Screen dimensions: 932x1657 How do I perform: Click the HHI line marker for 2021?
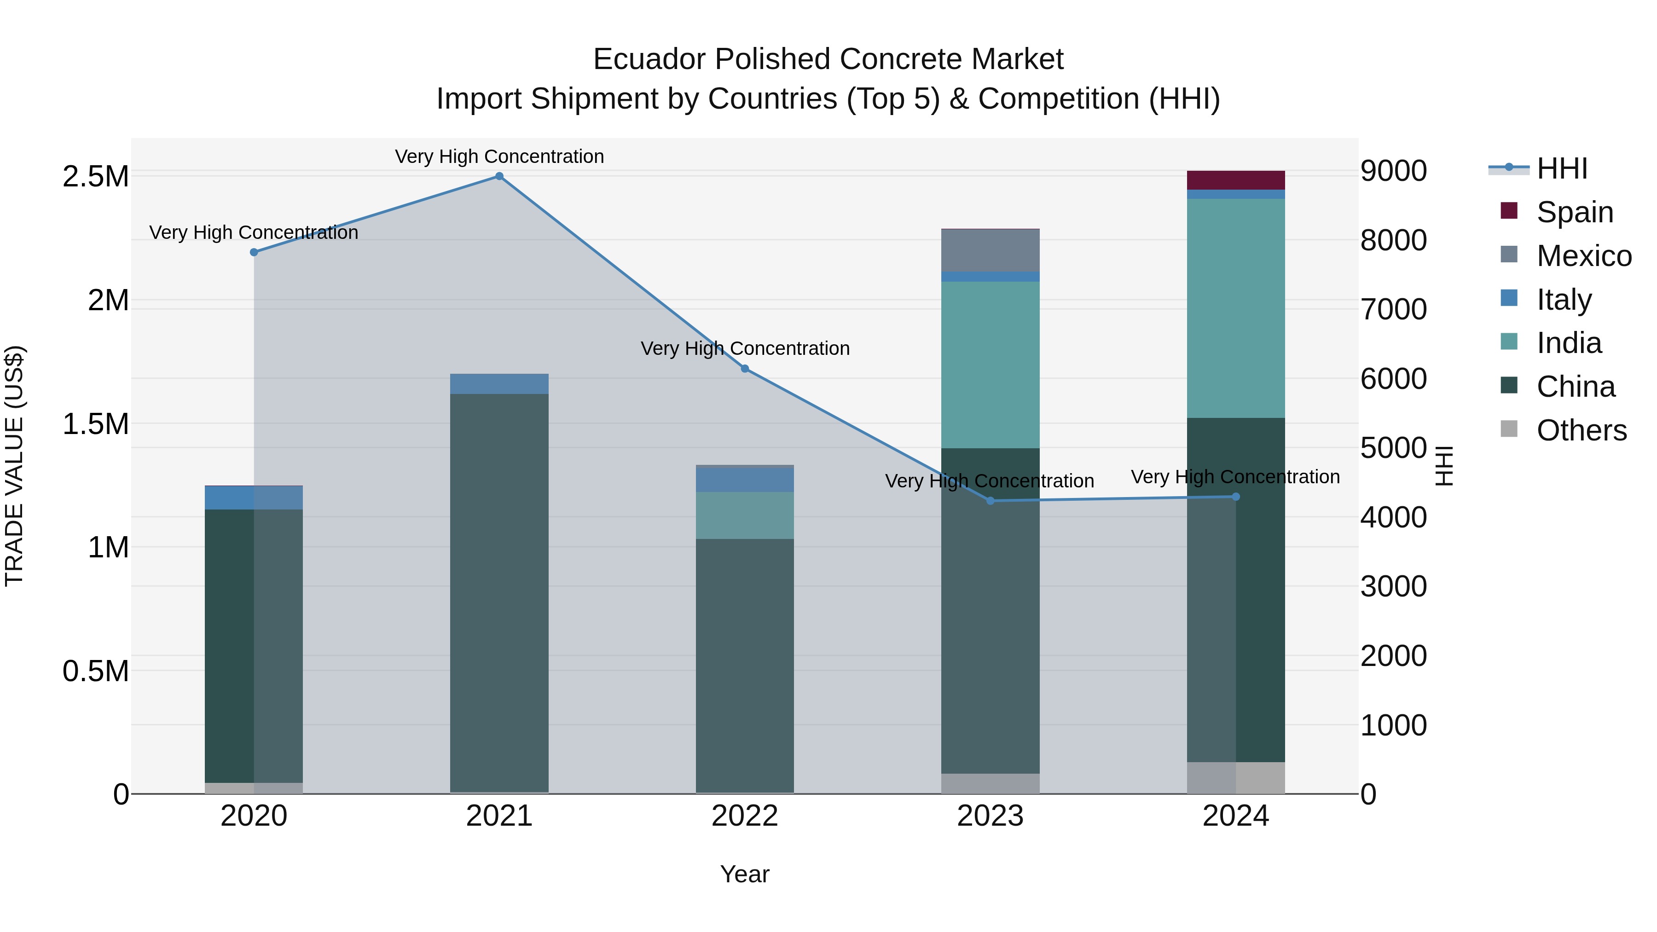(x=499, y=176)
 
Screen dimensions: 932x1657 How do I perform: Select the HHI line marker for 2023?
(x=991, y=500)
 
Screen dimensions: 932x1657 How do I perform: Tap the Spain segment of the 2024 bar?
(x=1236, y=180)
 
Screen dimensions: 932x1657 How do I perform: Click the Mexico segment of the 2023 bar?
(x=991, y=250)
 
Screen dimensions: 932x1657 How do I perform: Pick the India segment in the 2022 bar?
(x=745, y=515)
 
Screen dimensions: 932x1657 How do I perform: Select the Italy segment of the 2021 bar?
(x=499, y=384)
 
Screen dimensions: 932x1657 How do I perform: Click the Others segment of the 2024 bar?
(x=1236, y=778)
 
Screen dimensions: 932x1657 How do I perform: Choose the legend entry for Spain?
(x=1575, y=212)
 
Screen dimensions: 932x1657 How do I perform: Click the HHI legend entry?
(x=1562, y=168)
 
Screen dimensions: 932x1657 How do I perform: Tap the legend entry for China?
(x=1576, y=387)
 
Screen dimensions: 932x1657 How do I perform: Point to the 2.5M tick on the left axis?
(x=96, y=176)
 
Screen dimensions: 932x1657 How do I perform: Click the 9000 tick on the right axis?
(x=1393, y=171)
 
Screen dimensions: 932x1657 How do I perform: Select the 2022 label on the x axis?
(x=745, y=816)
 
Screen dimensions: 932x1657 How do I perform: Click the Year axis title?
(x=745, y=874)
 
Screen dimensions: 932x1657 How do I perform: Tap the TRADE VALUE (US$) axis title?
(x=14, y=466)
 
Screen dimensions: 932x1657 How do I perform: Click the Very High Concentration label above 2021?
(x=499, y=156)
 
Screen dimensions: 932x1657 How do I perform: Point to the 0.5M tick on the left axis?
(x=96, y=671)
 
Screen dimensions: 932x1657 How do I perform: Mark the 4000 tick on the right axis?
(x=1393, y=517)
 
